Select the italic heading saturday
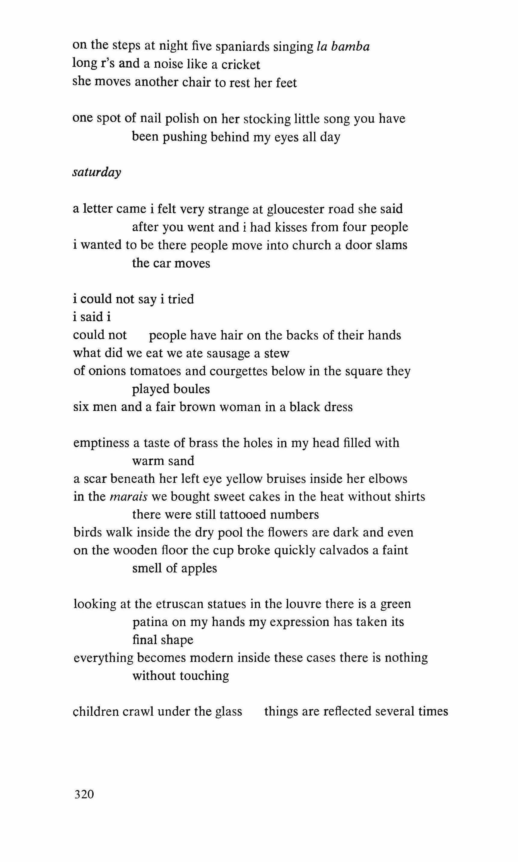click(97, 172)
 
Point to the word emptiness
click(101, 443)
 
